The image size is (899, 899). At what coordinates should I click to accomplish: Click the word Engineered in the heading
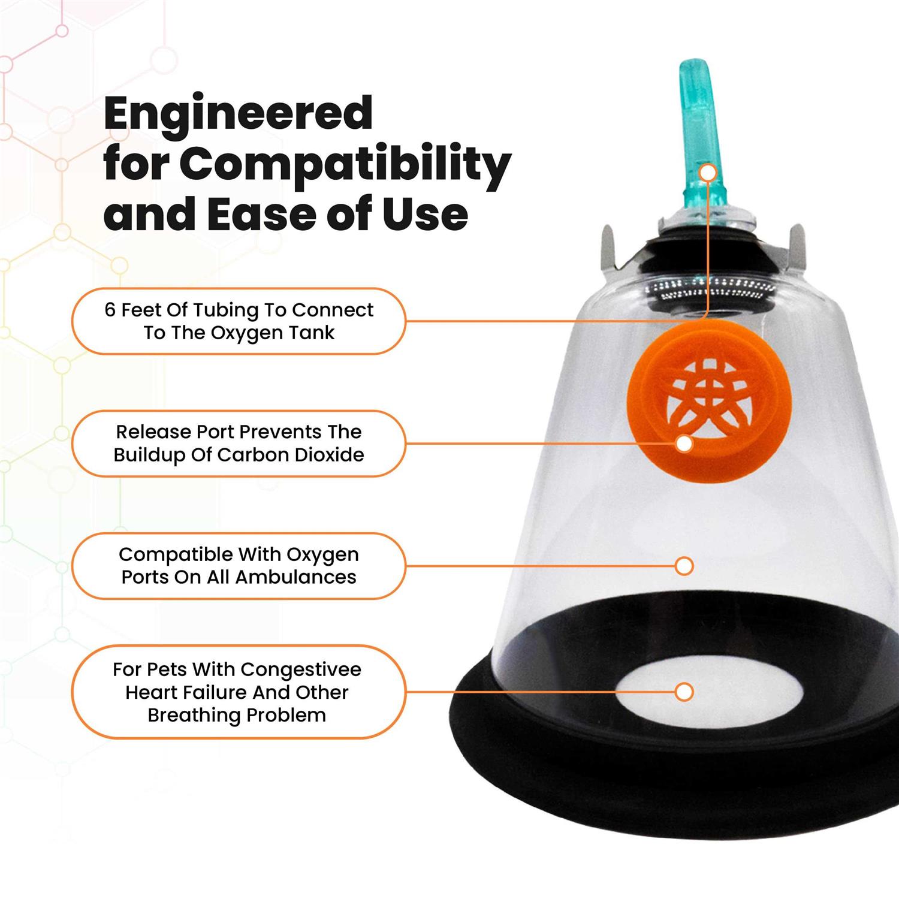(239, 114)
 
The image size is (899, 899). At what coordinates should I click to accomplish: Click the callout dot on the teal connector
(708, 173)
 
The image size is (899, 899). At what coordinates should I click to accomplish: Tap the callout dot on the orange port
(684, 444)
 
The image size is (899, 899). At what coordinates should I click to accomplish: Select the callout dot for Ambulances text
(684, 566)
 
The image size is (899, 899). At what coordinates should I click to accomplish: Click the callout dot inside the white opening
(684, 692)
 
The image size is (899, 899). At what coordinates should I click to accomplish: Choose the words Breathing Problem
(237, 715)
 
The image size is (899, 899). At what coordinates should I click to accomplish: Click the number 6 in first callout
(110, 310)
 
